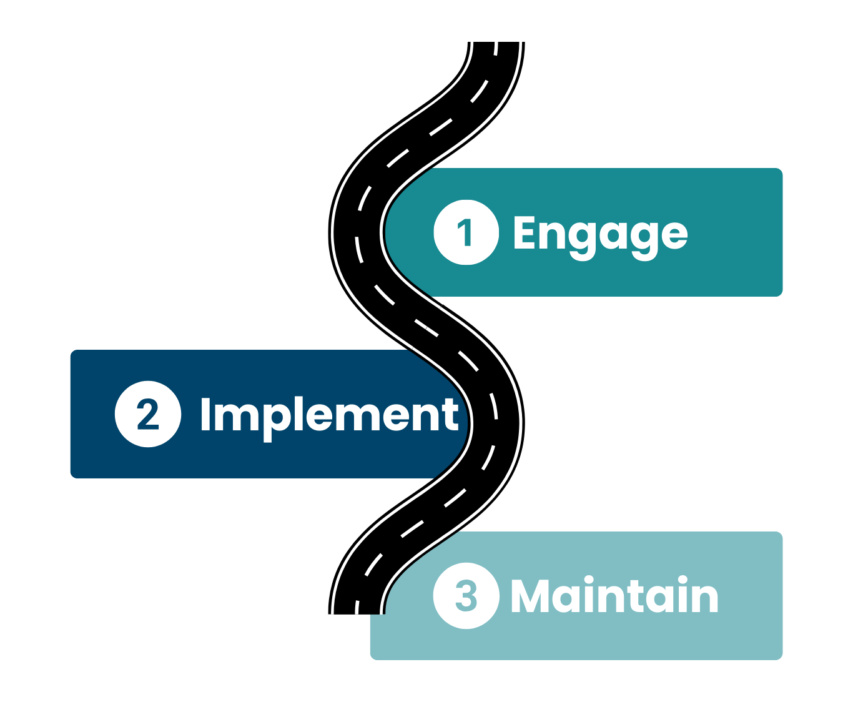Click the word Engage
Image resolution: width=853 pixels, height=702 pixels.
[599, 234]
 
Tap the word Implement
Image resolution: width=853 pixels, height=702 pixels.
[329, 415]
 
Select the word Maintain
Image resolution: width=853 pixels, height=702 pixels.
[614, 596]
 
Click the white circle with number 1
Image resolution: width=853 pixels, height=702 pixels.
[466, 232]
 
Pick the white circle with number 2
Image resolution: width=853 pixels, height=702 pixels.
[148, 414]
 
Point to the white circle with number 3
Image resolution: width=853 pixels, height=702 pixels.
[466, 595]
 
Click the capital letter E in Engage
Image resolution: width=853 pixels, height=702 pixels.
[525, 232]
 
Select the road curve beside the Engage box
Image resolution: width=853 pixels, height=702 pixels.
[357, 232]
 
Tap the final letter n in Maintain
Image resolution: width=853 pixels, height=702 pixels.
[706, 598]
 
